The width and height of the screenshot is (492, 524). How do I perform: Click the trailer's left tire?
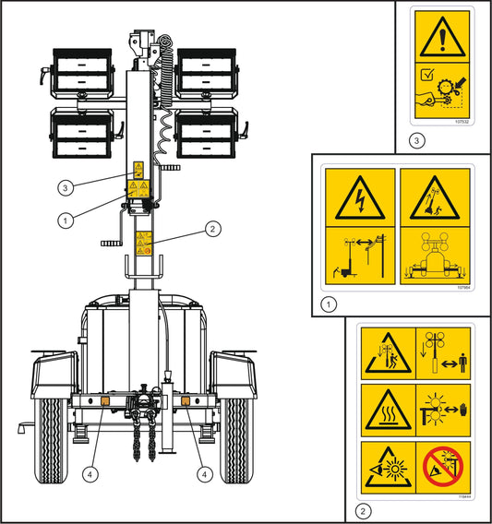[54, 439]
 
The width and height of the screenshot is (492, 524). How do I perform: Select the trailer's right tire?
[235, 439]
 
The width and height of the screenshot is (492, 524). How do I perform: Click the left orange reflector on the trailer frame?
[106, 403]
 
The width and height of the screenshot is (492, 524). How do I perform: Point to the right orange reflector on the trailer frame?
[184, 403]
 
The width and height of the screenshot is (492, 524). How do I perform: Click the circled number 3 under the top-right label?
[418, 139]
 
